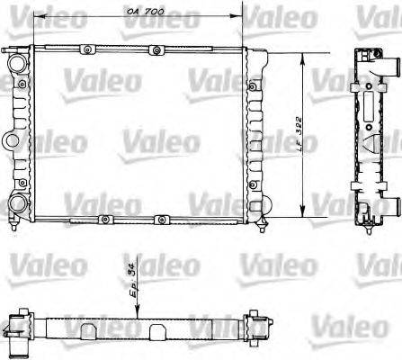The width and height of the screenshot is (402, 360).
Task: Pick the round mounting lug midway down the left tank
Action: coord(11,139)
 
